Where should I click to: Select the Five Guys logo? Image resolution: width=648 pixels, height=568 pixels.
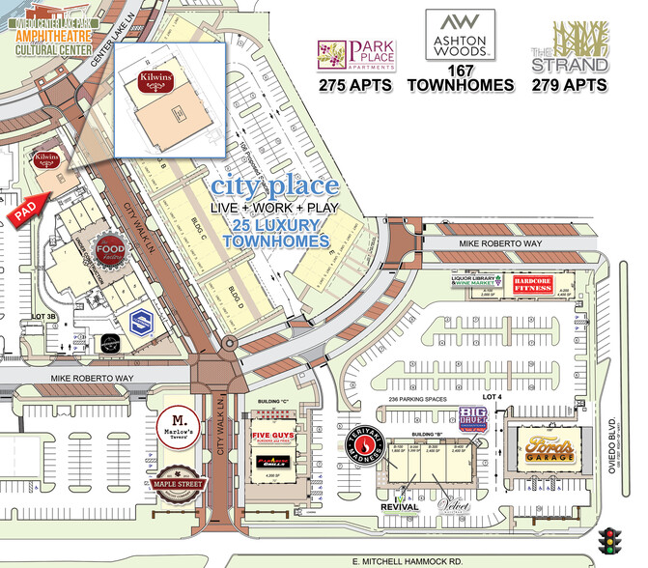tap(273, 440)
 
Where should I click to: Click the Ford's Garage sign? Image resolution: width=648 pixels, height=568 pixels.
tap(549, 449)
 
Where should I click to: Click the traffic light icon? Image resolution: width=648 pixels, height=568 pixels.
tap(609, 539)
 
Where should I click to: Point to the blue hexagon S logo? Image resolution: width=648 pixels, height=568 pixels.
tap(138, 320)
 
